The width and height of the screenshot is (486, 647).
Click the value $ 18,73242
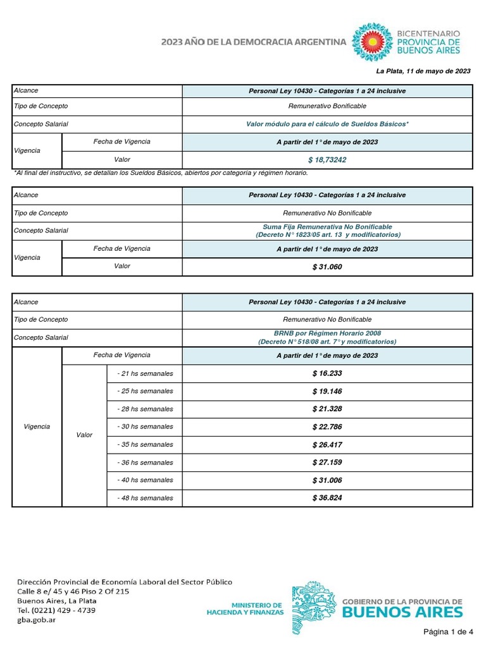pyautogui.click(x=327, y=160)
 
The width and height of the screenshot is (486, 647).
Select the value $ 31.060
pyautogui.click(x=327, y=267)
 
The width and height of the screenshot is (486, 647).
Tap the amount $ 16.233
pyautogui.click(x=327, y=373)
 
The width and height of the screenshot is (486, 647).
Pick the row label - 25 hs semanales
pyautogui.click(x=145, y=391)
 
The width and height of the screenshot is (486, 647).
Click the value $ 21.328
pyautogui.click(x=327, y=409)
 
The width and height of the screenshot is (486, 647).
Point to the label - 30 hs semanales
pyautogui.click(x=145, y=427)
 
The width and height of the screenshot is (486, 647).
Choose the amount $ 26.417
pyautogui.click(x=327, y=445)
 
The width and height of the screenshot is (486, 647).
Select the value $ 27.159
pyautogui.click(x=327, y=463)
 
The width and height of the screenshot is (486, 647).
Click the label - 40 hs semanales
pyautogui.click(x=145, y=480)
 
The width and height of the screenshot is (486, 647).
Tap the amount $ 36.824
pyautogui.click(x=327, y=498)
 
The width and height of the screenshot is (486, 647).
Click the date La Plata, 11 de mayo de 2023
pyautogui.click(x=423, y=71)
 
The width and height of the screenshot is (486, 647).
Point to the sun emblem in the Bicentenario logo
pyautogui.click(x=372, y=41)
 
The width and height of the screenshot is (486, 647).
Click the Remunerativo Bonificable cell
pyautogui.click(x=327, y=106)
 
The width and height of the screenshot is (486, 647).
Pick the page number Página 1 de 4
pyautogui.click(x=448, y=632)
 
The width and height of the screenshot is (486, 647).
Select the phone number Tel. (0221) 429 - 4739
pyautogui.click(x=56, y=610)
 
